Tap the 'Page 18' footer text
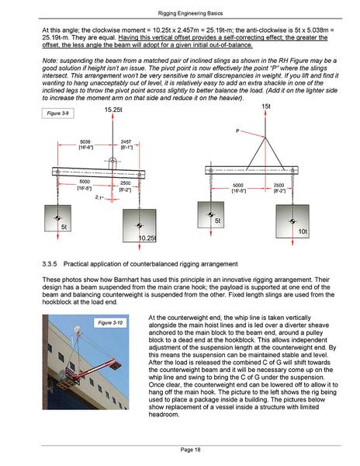[179, 450]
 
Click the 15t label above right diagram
[266, 106]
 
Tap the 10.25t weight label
[147, 237]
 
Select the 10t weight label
[303, 232]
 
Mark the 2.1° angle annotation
[99, 198]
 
